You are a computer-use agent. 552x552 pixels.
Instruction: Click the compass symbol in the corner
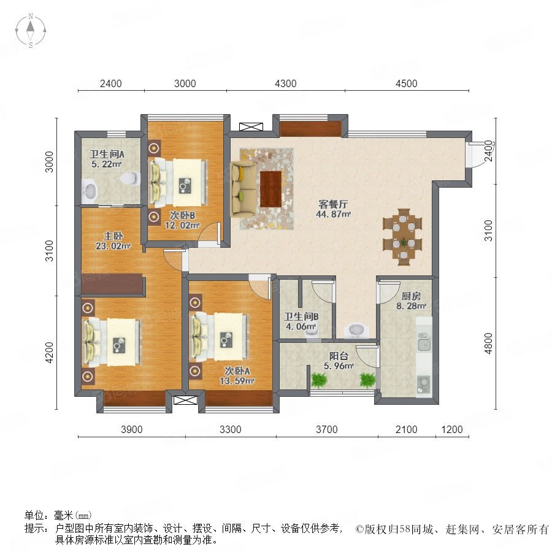coord(31,31)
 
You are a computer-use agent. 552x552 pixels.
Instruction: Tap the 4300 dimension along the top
coord(285,84)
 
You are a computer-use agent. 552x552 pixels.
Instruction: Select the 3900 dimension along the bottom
coord(132,429)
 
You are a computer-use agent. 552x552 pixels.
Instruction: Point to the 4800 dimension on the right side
coord(488,343)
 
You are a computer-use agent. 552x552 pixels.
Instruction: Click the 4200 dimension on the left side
coord(50,353)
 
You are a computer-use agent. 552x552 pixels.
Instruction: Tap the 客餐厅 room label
coord(333,204)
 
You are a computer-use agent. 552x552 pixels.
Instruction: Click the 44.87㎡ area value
coord(333,214)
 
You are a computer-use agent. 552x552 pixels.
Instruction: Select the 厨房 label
coord(411,296)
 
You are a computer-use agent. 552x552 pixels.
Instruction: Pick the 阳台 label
coord(339,356)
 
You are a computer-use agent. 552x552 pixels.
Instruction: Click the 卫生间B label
coord(301,316)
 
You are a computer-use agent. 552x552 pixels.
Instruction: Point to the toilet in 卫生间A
coord(129,178)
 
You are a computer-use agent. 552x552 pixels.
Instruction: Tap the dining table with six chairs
coord(402,237)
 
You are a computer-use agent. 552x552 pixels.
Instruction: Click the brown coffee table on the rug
coord(271,189)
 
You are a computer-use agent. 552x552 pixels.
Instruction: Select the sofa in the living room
coord(243,189)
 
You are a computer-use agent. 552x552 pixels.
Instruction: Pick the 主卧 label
coord(113,236)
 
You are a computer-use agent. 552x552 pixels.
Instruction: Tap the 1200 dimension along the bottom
coord(452,429)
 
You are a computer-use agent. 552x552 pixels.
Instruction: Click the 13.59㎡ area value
coord(237,381)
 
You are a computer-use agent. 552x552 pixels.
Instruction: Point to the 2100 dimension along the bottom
coord(407,429)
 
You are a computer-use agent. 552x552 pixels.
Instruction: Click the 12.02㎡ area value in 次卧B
coord(182,225)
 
